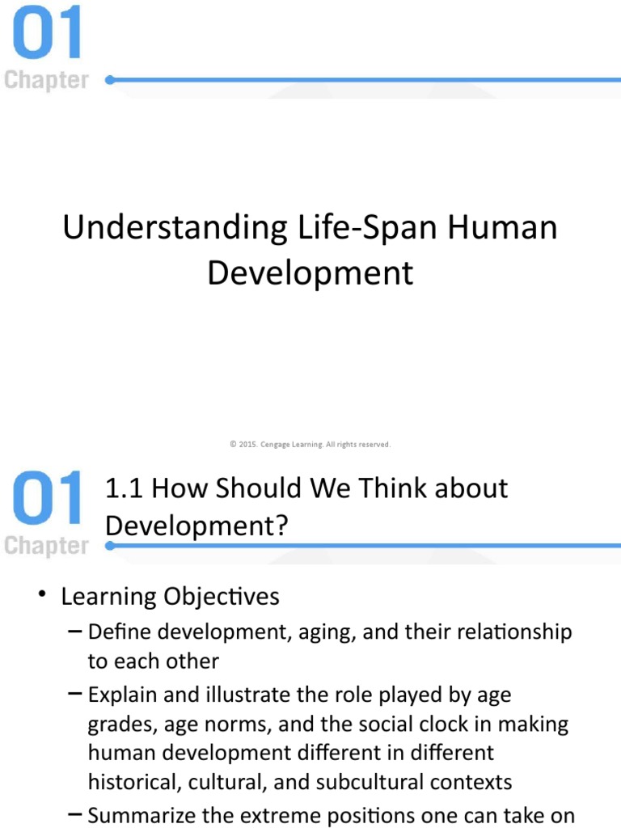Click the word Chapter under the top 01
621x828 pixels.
[46, 81]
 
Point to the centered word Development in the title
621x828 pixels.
[310, 273]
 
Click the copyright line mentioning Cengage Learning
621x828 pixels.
[310, 444]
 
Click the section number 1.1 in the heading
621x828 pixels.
[125, 488]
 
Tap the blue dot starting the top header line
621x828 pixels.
[110, 80]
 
